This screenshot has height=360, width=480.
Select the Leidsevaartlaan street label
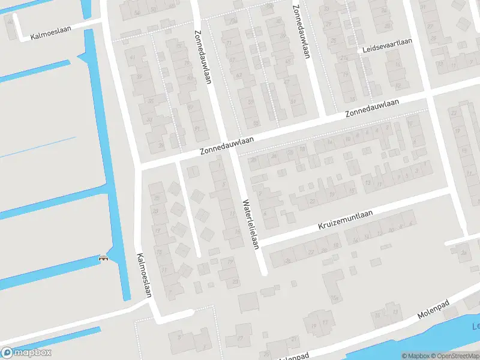click(x=388, y=50)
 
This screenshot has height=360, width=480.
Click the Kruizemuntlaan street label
click(x=345, y=221)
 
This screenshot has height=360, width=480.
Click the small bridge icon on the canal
click(x=103, y=259)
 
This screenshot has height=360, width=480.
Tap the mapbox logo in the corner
click(x=26, y=353)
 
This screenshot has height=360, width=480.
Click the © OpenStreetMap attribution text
click(x=454, y=356)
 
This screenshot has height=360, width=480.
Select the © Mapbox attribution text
click(x=416, y=356)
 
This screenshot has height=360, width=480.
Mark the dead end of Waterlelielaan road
click(x=264, y=272)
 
